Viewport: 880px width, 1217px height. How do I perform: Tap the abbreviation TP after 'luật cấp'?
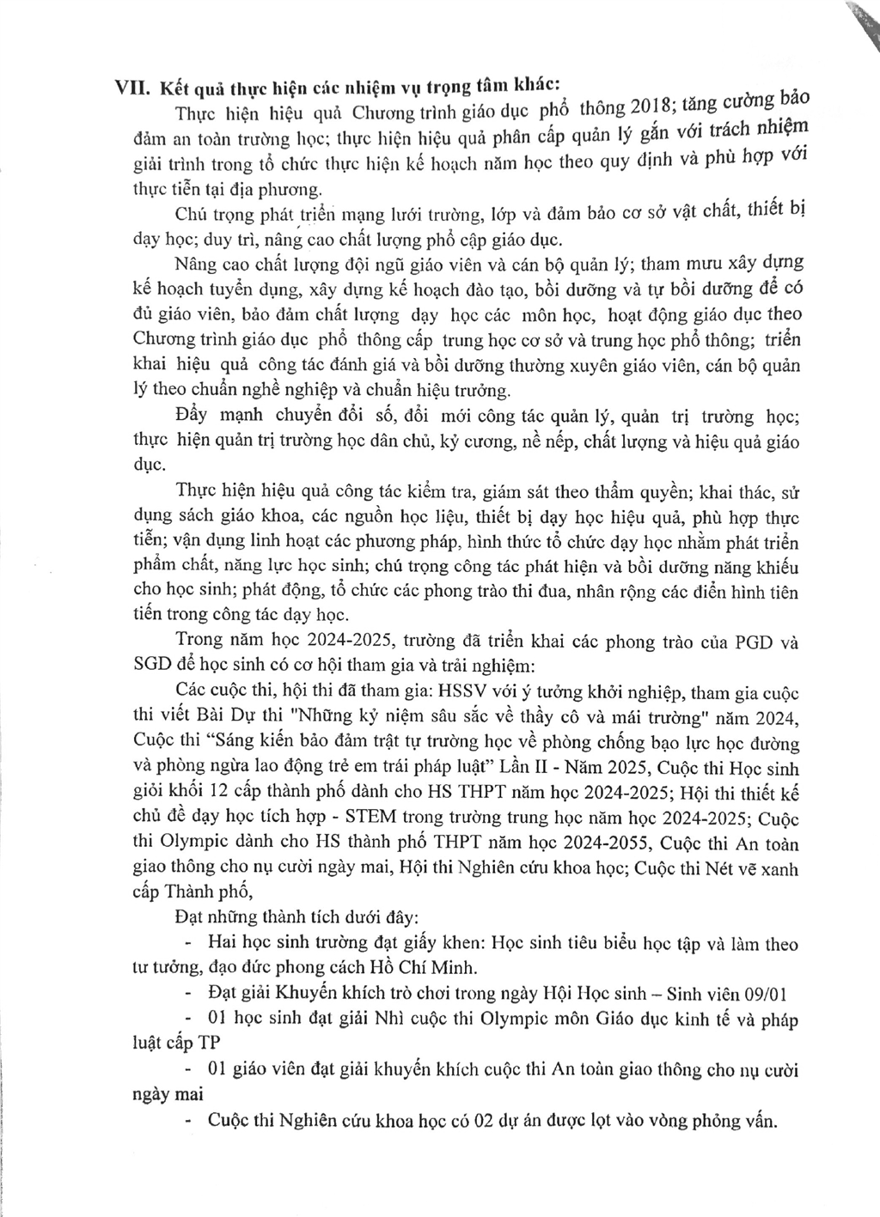pyautogui.click(x=211, y=1044)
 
